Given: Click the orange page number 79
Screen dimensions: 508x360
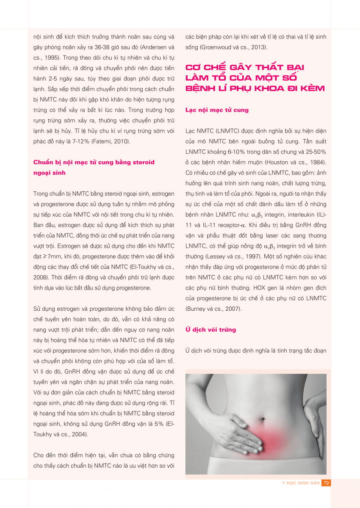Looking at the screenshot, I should tap(326, 483).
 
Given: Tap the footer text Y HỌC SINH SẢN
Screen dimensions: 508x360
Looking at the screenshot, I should tap(301, 483).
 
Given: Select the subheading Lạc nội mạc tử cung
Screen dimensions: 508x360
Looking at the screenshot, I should tap(217, 110).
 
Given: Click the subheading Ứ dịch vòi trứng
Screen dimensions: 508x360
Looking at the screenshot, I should tap(210, 329).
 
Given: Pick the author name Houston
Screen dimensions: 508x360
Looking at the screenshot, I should tap(277, 162).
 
